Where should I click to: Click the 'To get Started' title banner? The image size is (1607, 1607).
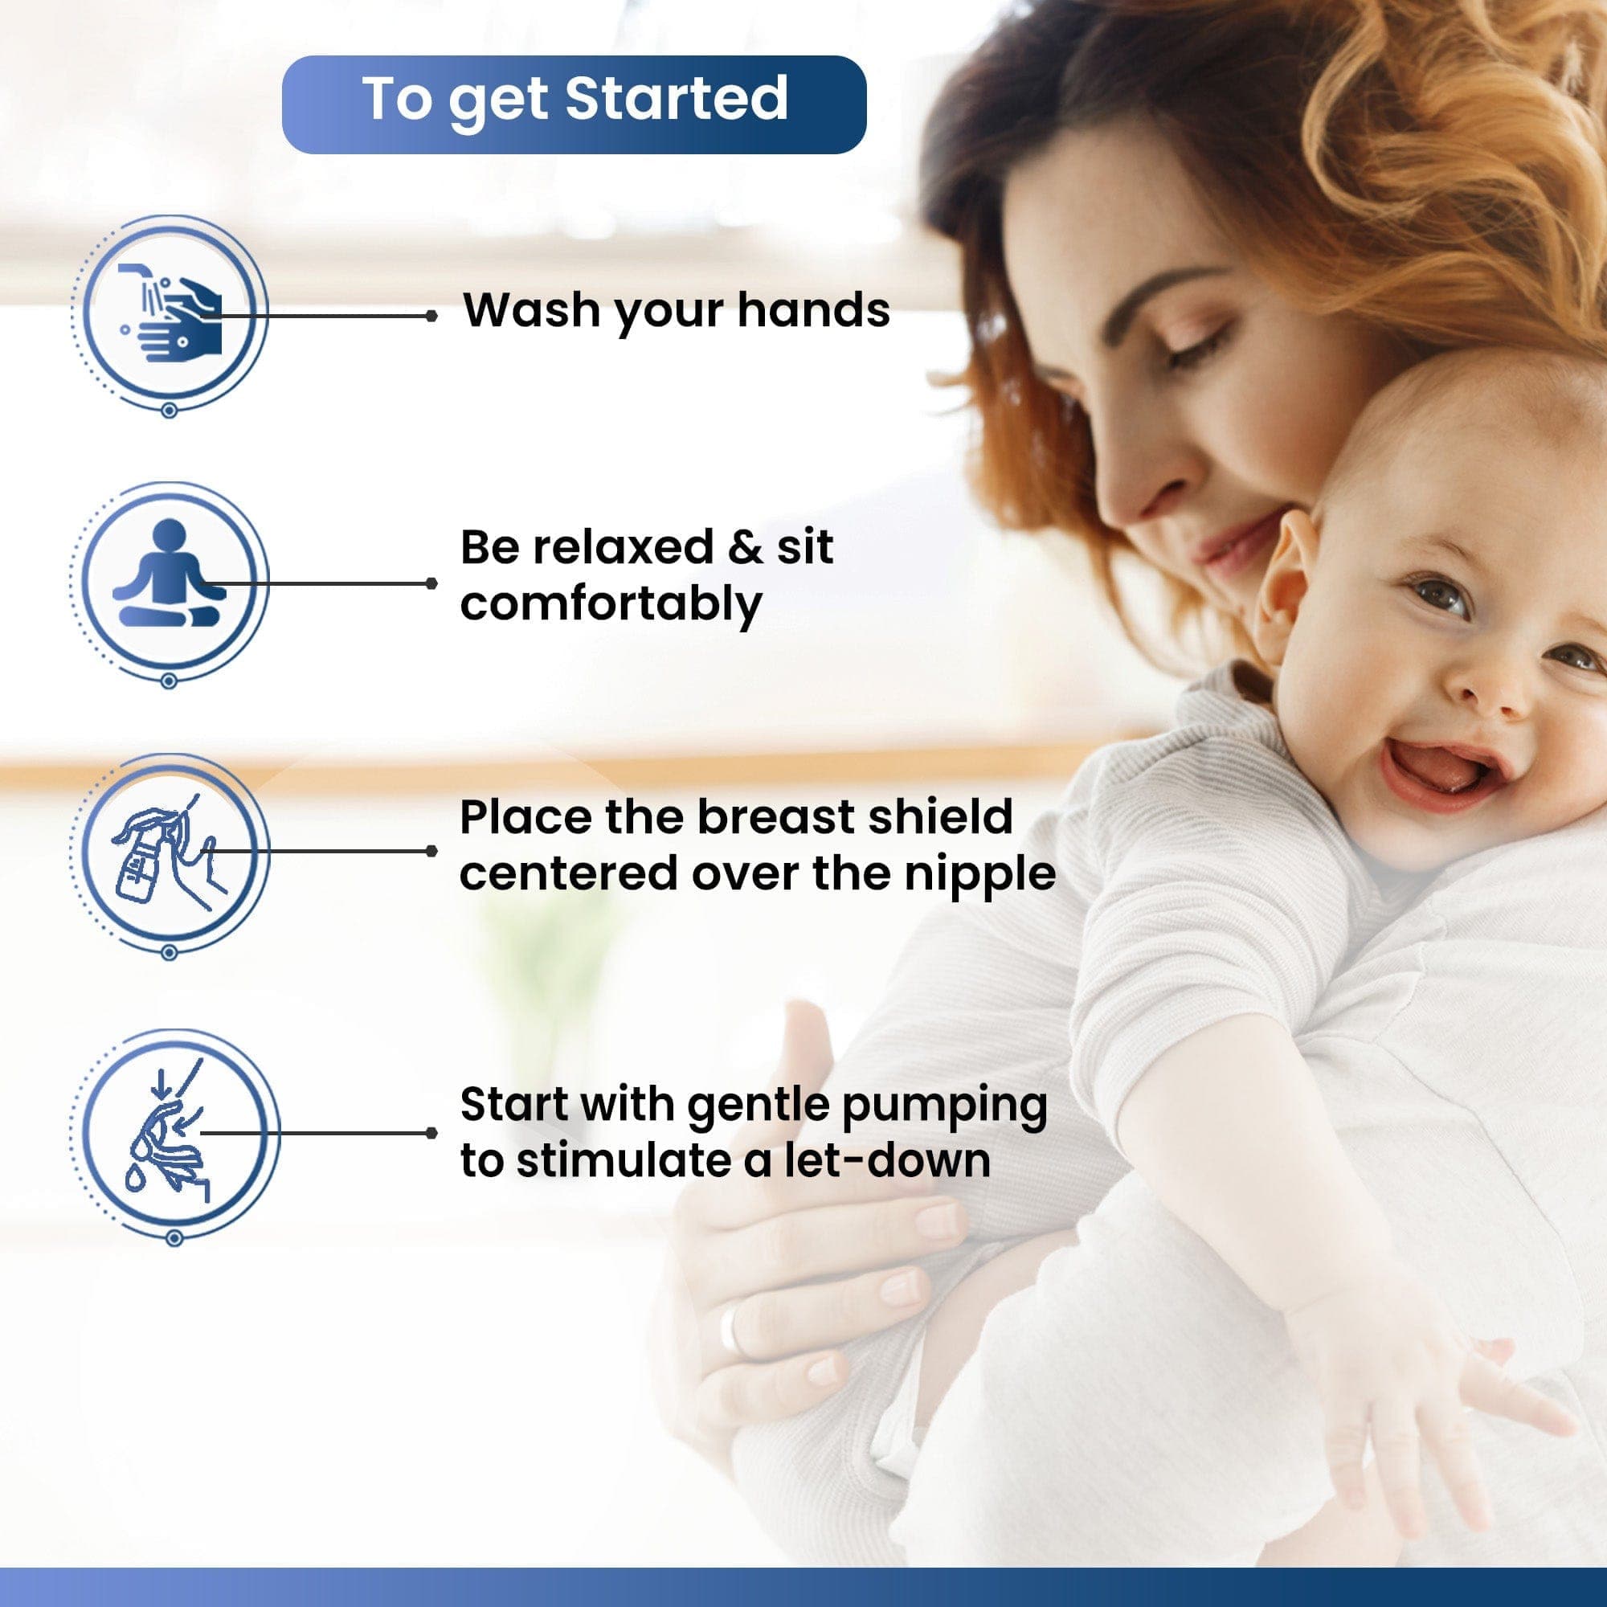coord(574,104)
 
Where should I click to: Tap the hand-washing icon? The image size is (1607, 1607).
coord(169,313)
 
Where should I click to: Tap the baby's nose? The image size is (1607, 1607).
coord(1493,692)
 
